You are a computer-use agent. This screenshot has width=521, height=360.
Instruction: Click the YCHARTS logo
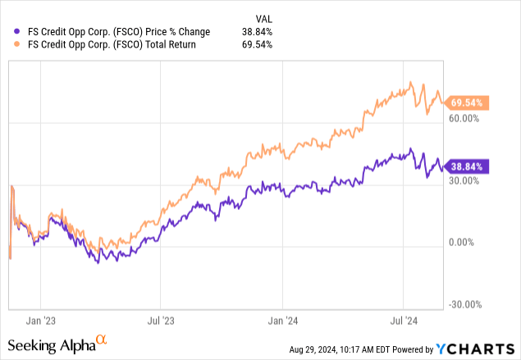(480, 349)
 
